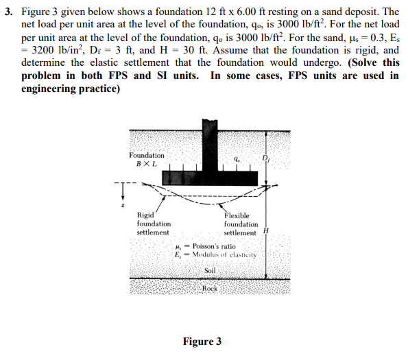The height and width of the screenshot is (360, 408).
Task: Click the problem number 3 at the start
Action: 9,12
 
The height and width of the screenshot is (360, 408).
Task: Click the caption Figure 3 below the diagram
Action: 202,341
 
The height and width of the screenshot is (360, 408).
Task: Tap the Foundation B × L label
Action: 147,160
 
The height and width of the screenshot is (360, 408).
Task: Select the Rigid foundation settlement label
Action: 153,224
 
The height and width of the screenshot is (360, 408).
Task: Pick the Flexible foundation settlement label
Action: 241,224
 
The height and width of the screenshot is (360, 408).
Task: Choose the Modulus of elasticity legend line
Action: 216,254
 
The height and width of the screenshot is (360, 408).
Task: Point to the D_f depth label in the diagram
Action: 267,161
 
